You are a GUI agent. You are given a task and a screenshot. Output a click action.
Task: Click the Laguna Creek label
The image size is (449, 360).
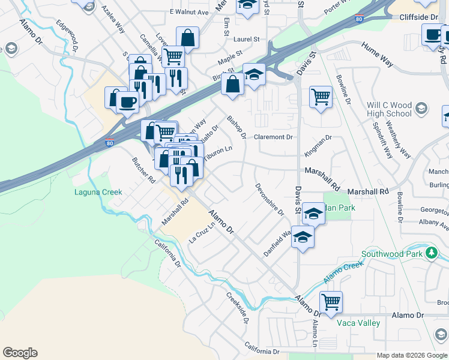point(98,193)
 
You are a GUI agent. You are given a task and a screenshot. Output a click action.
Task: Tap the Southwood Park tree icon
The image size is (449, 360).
point(430,254)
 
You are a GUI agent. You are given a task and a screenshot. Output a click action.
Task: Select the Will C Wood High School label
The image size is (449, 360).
point(389,109)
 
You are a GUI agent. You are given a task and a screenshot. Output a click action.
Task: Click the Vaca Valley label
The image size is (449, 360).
point(358,323)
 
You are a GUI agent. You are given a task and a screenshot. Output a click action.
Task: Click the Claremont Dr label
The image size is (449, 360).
point(273,137)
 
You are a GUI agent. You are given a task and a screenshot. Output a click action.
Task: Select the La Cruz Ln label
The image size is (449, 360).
point(202,233)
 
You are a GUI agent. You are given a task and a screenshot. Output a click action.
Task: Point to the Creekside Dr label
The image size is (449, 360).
point(237,307)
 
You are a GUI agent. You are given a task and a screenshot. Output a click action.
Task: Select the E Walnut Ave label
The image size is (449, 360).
point(188,12)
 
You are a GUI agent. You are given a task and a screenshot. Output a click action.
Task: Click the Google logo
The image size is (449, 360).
point(20,353)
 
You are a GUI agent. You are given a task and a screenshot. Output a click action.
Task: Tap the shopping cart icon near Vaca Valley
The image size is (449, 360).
point(331,302)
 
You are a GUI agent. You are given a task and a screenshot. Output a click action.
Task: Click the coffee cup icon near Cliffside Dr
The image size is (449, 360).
point(432,35)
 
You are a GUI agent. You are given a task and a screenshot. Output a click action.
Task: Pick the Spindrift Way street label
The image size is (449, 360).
point(382,141)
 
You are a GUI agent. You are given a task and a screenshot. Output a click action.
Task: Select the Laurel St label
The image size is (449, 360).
point(246,39)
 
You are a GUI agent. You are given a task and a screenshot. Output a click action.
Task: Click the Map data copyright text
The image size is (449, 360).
point(411,355)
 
